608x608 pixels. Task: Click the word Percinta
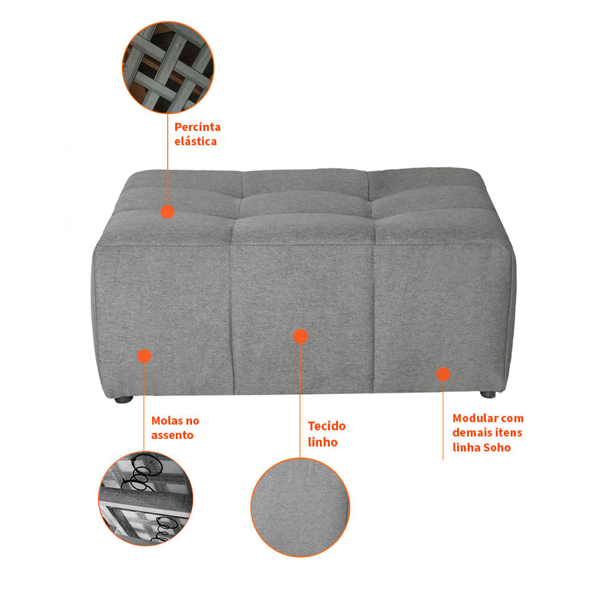tap(198, 127)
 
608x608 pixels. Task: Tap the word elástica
tap(196, 142)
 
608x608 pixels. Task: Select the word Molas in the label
tap(166, 421)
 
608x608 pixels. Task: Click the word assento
tap(172, 435)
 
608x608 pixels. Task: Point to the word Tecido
tap(326, 427)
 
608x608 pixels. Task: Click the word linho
tap(322, 442)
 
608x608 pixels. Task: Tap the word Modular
tap(475, 418)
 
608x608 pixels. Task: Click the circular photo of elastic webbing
tap(168, 67)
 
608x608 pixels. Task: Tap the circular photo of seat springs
tap(146, 499)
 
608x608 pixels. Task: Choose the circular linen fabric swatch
tap(300, 506)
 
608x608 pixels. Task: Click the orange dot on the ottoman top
tap(167, 211)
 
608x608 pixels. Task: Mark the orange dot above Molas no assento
tap(144, 356)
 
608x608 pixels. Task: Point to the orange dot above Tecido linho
tap(300, 337)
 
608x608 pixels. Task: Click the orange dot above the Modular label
tap(443, 374)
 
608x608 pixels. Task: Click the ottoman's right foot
tap(488, 394)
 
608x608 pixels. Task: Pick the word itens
tap(508, 433)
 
